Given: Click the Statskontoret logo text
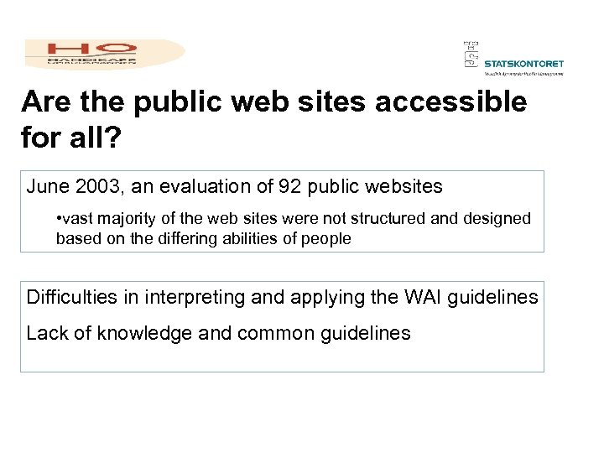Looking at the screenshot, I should pyautogui.click(x=524, y=63).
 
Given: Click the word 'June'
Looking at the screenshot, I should pyautogui.click(x=47, y=185).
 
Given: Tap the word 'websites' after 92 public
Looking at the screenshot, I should pyautogui.click(x=405, y=185).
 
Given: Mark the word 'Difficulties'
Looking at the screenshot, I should pyautogui.click(x=70, y=298).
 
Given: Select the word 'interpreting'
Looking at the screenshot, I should pyautogui.click(x=189, y=298).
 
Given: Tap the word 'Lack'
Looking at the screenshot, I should pyautogui.click(x=47, y=333).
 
